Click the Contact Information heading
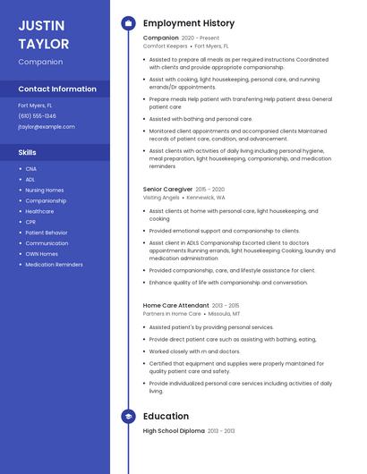pos(57,89)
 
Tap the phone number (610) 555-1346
pos(37,115)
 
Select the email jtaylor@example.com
pos(47,127)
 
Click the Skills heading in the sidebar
pos(27,153)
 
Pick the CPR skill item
pos(30,222)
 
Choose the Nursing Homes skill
pos(45,190)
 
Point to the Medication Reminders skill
pos(54,265)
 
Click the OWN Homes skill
pos(41,254)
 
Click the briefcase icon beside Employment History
pos(128,23)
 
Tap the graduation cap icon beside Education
pos(128,416)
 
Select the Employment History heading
pos(189,23)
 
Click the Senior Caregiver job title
pos(167,190)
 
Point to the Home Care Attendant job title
pos(175,305)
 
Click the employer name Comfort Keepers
pos(166,46)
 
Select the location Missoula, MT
pos(225,314)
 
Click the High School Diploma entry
pos(175,431)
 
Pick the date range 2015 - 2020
pos(209,190)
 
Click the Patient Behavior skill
pos(47,233)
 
